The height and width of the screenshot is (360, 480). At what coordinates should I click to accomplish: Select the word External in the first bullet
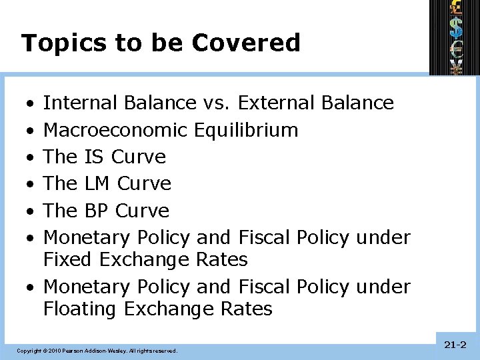tap(276, 103)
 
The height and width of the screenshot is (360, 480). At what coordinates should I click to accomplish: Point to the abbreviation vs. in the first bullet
tap(215, 103)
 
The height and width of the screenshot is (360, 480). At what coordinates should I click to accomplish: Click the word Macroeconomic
tap(116, 129)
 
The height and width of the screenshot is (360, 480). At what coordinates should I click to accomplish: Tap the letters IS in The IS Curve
tap(95, 157)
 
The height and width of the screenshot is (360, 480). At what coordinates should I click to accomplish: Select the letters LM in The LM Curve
tap(98, 183)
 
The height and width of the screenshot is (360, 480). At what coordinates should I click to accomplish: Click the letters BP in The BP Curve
tap(97, 211)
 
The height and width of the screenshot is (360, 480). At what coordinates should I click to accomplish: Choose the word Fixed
tap(67, 259)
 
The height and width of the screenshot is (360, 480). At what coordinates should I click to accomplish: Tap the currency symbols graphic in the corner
tap(455, 37)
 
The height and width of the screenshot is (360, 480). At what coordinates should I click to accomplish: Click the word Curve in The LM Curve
tap(144, 183)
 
